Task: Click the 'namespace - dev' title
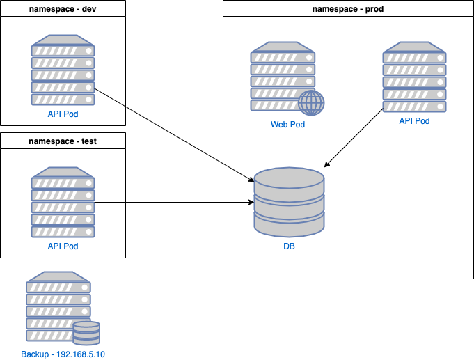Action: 63,9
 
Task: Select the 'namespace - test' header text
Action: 63,141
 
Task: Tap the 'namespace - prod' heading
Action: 348,9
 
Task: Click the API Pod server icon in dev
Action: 63,73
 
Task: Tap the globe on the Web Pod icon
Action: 311,103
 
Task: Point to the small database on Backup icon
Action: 86,333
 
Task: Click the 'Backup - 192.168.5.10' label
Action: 63,354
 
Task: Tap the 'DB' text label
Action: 289,246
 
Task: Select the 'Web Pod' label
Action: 287,125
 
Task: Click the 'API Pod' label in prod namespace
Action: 414,121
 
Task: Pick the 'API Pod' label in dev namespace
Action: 63,114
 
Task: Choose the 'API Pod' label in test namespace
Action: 63,246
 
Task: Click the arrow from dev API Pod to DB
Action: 174,134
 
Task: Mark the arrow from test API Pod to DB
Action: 174,203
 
